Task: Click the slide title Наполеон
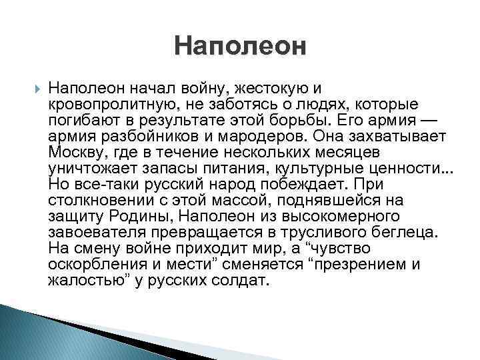[x=240, y=47]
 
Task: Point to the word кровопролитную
[x=105, y=104]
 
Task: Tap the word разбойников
[x=143, y=135]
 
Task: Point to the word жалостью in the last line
[x=83, y=280]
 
